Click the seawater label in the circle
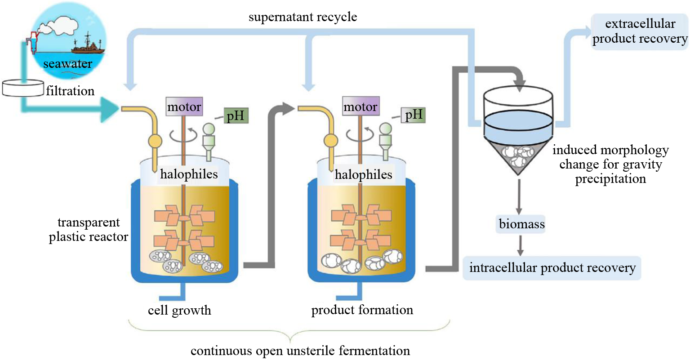pyautogui.click(x=67, y=64)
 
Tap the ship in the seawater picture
pyautogui.click(x=88, y=44)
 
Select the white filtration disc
pyautogui.click(x=22, y=88)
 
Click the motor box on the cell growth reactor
pyautogui.click(x=184, y=107)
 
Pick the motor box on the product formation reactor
pyautogui.click(x=361, y=107)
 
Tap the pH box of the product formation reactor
pyautogui.click(x=414, y=115)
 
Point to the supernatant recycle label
pyautogui.click(x=303, y=17)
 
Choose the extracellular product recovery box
pyautogui.click(x=640, y=31)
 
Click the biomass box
pyautogui.click(x=521, y=224)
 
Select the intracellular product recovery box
pyautogui.click(x=552, y=268)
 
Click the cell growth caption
pyautogui.click(x=179, y=310)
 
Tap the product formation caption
pyautogui.click(x=362, y=310)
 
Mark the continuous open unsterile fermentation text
pyautogui.click(x=300, y=351)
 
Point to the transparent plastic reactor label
pyautogui.click(x=88, y=230)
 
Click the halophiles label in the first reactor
pyautogui.click(x=189, y=174)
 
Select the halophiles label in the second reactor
pyautogui.click(x=363, y=174)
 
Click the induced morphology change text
pyautogui.click(x=610, y=164)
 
